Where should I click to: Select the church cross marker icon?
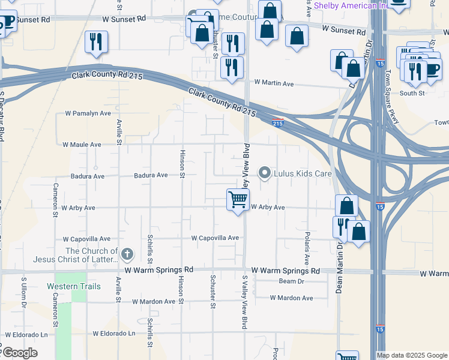127,254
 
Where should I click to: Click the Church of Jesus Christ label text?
91,255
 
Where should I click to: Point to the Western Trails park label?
74,286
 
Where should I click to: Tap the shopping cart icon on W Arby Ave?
238,199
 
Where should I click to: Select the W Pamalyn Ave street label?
88,113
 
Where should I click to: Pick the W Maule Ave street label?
82,145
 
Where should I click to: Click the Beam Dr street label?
292,281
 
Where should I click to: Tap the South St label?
412,93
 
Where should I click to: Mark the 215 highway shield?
277,123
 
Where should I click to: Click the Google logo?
19,353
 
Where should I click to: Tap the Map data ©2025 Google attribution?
412,355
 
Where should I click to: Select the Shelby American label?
351,5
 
